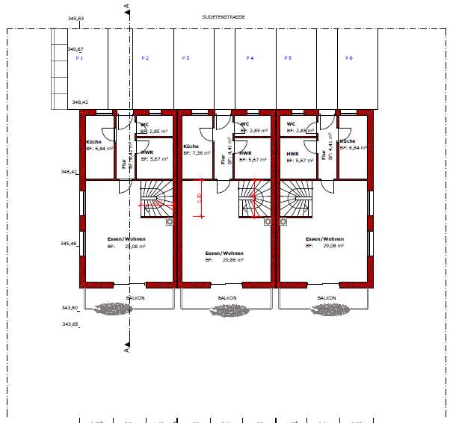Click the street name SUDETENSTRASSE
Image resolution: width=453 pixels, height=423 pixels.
(x=224, y=16)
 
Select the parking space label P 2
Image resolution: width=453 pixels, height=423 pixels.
(x=145, y=58)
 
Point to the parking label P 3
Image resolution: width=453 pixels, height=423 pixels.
(x=185, y=58)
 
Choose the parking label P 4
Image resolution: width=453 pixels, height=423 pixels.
(x=250, y=58)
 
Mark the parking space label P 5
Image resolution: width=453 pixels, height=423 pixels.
(x=288, y=58)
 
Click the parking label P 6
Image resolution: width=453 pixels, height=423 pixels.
(x=349, y=58)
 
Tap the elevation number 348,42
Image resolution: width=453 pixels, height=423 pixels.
(x=80, y=102)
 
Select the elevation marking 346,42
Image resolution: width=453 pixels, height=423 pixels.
(x=70, y=172)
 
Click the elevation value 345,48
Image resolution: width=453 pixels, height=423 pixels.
(x=70, y=243)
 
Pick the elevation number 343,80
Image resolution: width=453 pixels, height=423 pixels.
(x=70, y=307)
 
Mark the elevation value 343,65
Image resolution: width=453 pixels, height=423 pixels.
(x=70, y=324)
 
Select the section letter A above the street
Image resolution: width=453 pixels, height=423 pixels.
(x=126, y=6)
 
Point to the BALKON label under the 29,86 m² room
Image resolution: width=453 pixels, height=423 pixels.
(x=227, y=297)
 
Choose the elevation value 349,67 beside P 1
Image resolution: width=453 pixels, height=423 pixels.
(x=75, y=49)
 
